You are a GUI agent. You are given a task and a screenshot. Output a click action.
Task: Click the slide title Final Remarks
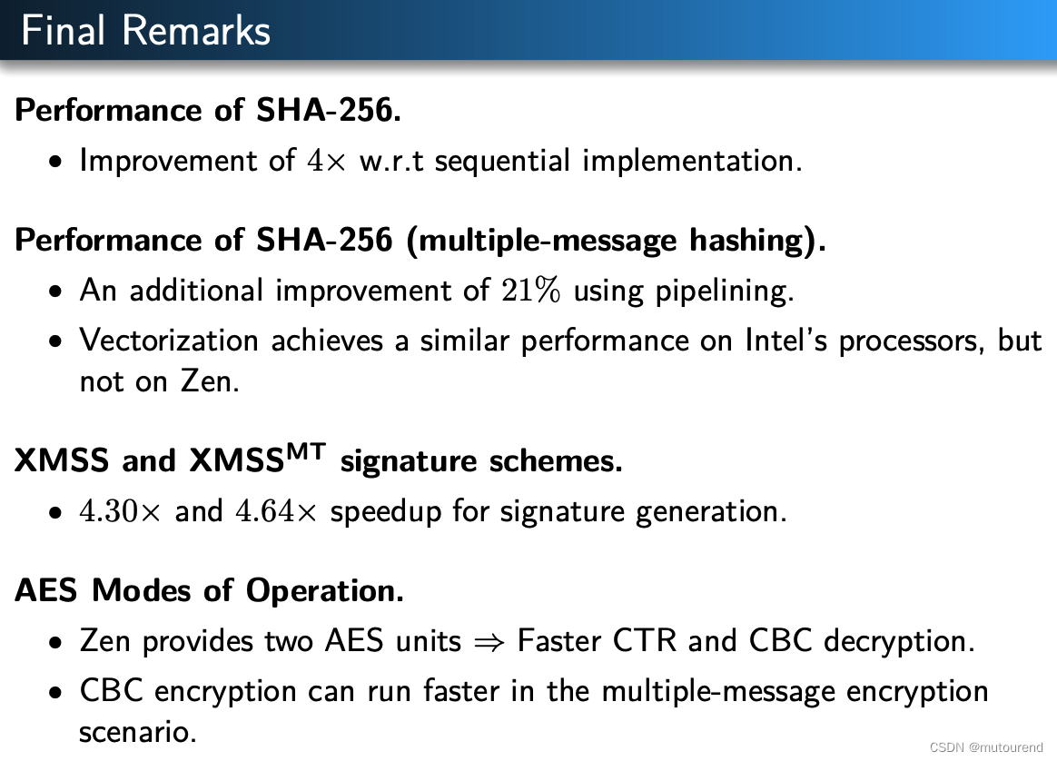(145, 30)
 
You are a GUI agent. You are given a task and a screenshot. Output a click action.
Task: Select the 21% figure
(531, 291)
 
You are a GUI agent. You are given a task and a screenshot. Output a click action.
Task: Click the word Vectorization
(170, 341)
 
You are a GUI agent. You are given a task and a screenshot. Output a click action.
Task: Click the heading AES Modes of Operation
(209, 591)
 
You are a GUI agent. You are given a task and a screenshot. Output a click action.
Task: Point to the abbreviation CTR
(645, 641)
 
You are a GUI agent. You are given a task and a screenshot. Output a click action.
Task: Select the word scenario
(137, 732)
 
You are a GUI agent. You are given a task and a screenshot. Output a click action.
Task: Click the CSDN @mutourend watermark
(986, 747)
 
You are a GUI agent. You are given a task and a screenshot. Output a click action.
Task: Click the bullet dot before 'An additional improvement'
(56, 292)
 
